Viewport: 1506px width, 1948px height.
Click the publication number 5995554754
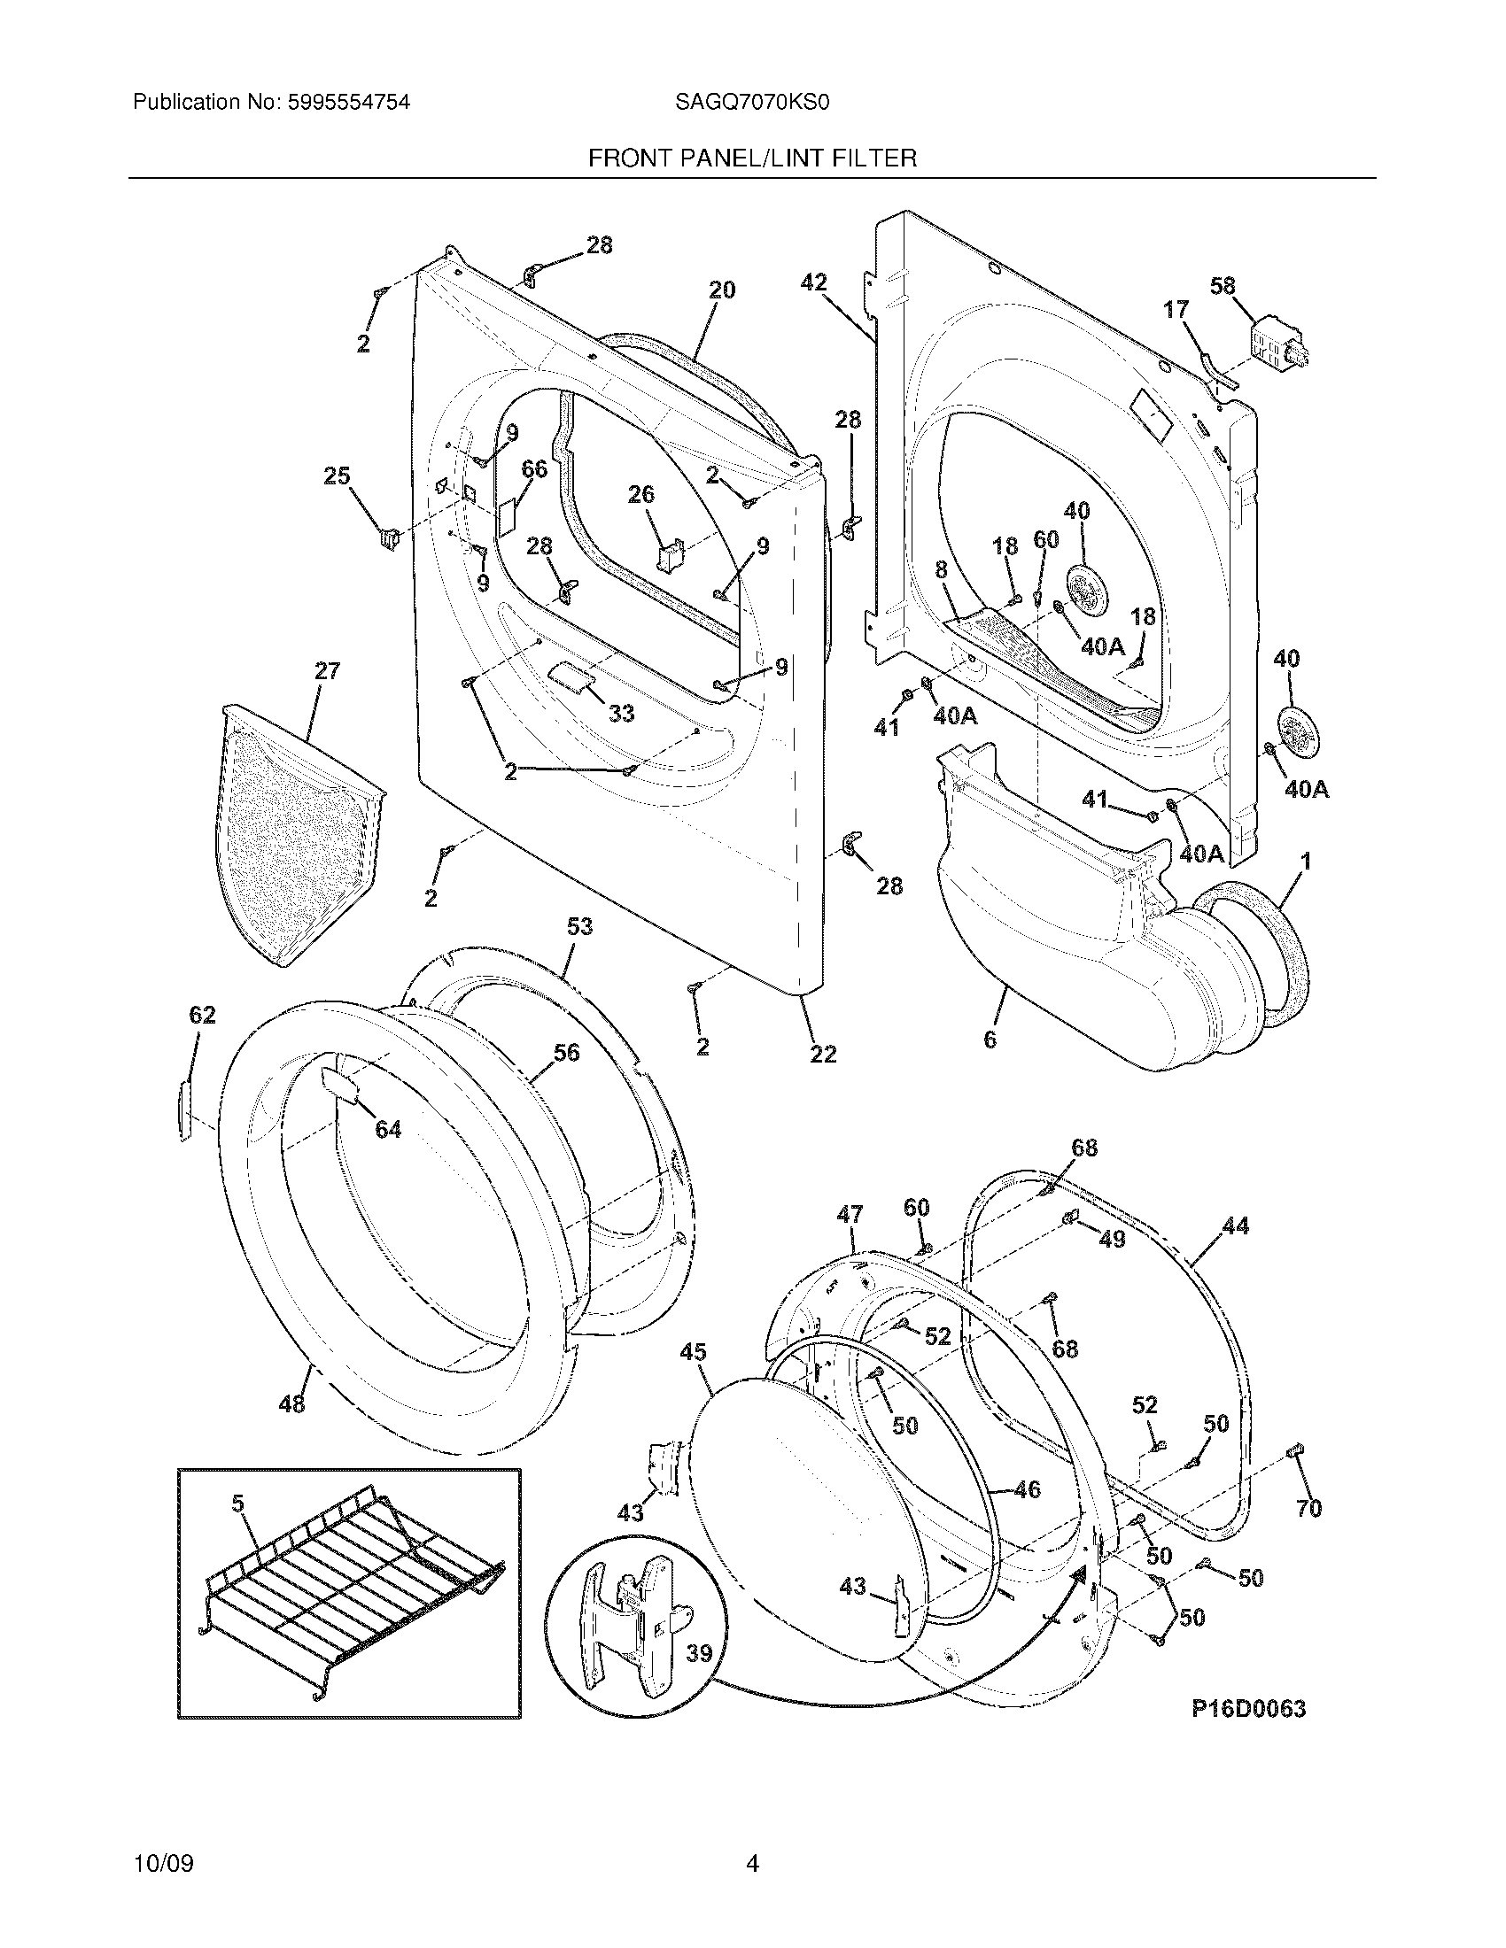pos(348,103)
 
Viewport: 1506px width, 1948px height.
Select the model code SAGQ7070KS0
pos(752,103)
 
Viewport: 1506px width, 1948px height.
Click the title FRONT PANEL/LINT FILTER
pos(752,158)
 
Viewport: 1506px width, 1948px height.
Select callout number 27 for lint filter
pos(328,670)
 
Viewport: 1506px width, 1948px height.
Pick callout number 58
pos(1223,286)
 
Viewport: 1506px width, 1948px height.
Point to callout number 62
pos(203,1015)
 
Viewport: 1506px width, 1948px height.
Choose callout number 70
pos(1308,1508)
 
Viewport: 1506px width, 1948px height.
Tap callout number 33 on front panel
pos(621,713)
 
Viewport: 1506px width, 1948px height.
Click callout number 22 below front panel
pos(823,1054)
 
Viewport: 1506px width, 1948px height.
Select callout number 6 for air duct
pos(990,1040)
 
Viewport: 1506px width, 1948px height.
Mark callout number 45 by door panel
pos(694,1376)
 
